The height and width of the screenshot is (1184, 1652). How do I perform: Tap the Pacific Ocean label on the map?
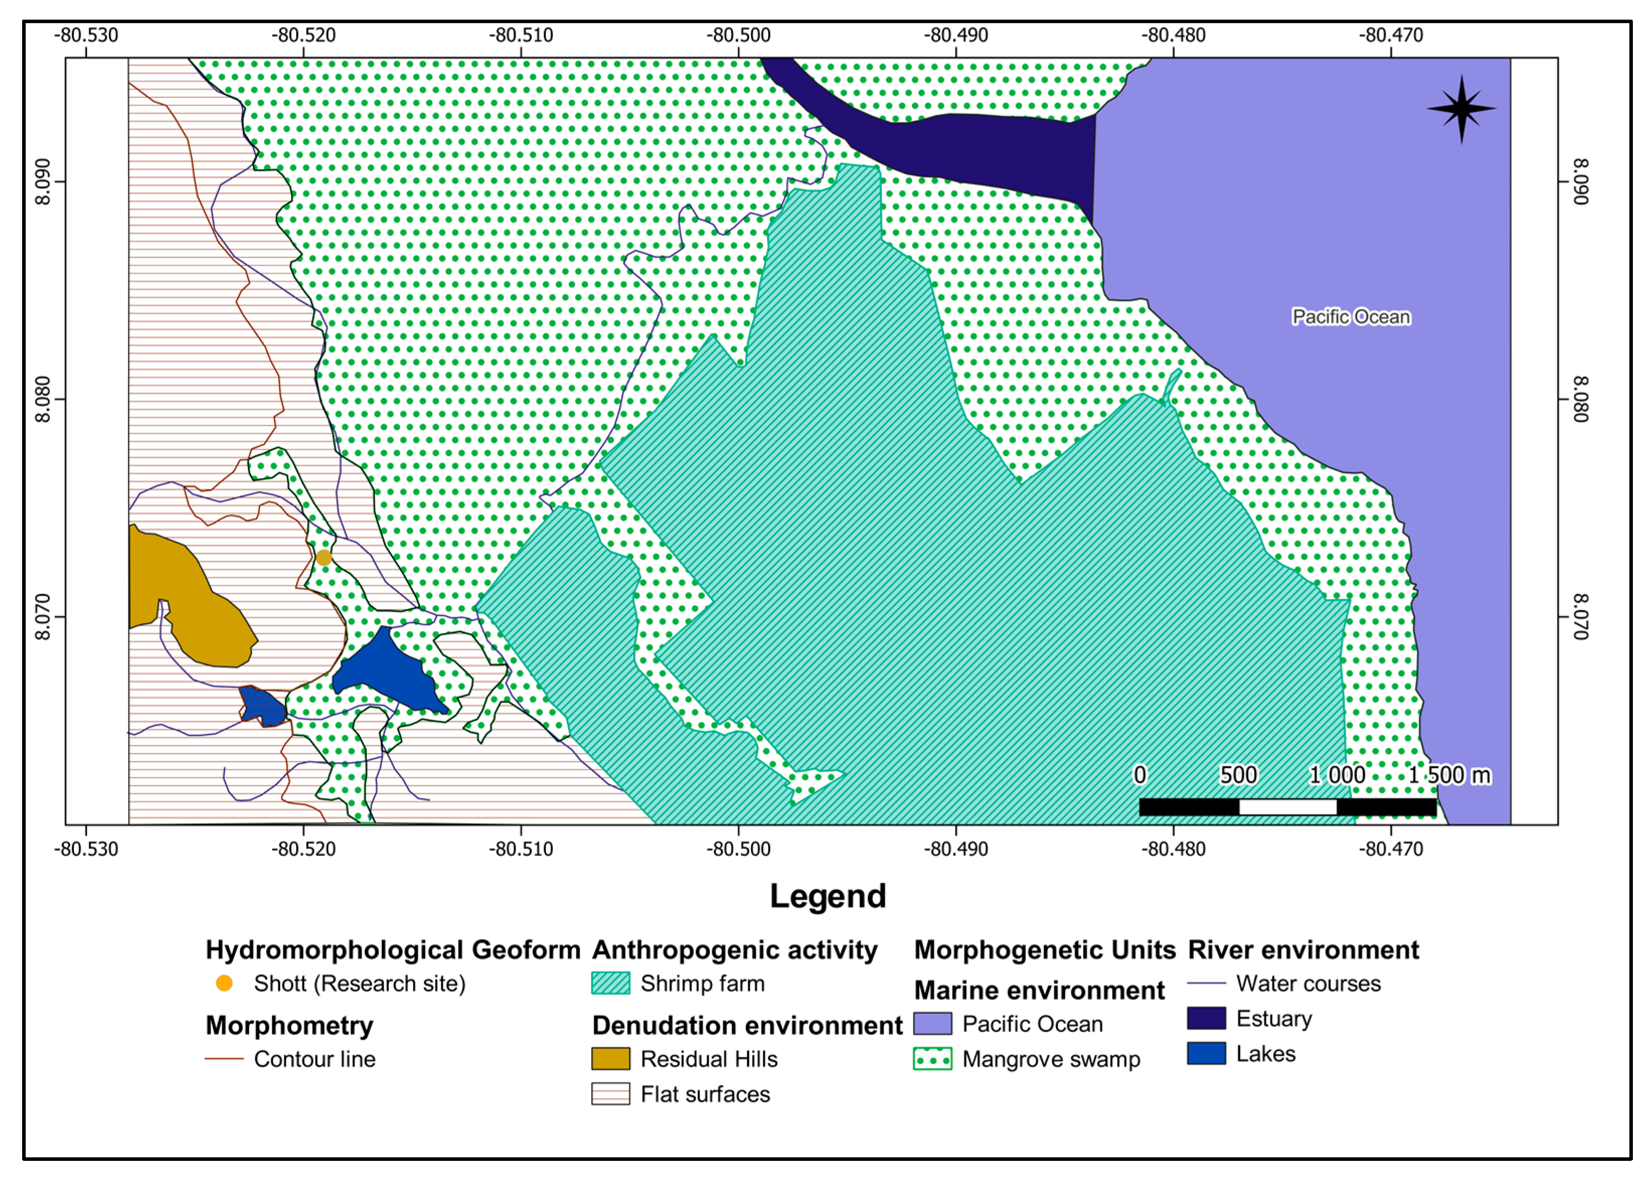tap(1351, 317)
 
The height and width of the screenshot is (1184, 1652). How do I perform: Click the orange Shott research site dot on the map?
tap(323, 558)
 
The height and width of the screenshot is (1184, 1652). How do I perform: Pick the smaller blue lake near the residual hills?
tap(262, 705)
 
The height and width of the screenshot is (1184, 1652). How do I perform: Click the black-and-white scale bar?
tap(1287, 807)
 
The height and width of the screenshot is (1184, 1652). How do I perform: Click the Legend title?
tap(828, 896)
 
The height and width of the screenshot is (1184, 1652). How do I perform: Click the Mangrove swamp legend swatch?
tap(932, 1059)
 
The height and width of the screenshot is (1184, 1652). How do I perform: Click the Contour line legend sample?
tap(224, 1059)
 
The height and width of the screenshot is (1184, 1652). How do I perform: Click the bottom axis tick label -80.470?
tap(1390, 849)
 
